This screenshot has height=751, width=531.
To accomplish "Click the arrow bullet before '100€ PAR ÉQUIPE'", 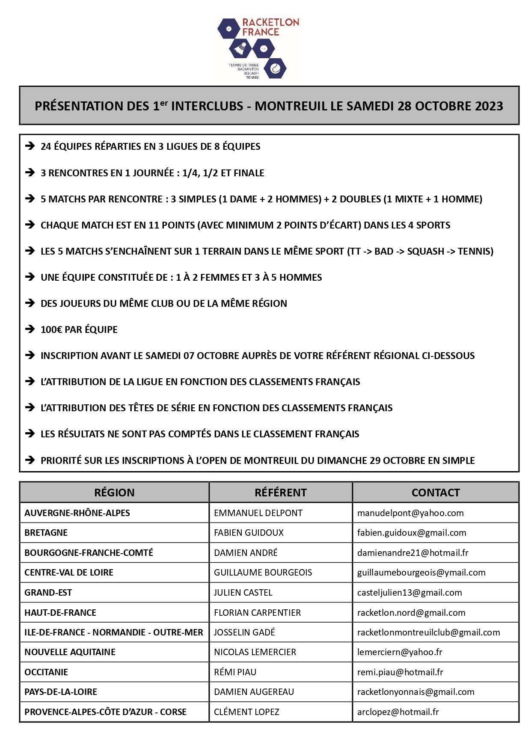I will (30, 329).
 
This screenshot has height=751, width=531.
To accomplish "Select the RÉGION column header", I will (114, 493).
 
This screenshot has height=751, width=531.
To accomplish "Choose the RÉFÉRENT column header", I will (281, 493).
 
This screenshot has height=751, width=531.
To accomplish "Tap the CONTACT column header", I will (436, 493).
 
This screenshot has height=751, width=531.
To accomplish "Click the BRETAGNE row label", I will (46, 533).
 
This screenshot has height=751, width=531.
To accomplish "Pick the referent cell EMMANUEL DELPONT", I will (258, 513).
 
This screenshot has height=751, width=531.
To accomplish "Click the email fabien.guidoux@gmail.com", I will (412, 533).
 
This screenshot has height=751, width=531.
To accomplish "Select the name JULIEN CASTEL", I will (243, 593).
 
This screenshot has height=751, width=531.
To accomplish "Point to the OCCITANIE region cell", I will (46, 672).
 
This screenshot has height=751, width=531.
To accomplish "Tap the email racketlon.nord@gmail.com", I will (411, 613).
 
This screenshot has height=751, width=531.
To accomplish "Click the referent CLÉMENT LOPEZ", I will (246, 712).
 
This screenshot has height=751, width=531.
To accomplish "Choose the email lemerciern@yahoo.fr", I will (400, 652).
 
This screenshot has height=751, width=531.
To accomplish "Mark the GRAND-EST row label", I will (48, 593).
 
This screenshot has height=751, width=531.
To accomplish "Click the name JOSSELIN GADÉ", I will (244, 632).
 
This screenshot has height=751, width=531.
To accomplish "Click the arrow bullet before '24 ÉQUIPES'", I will (30, 146).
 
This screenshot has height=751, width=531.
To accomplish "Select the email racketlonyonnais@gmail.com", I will (415, 692).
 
